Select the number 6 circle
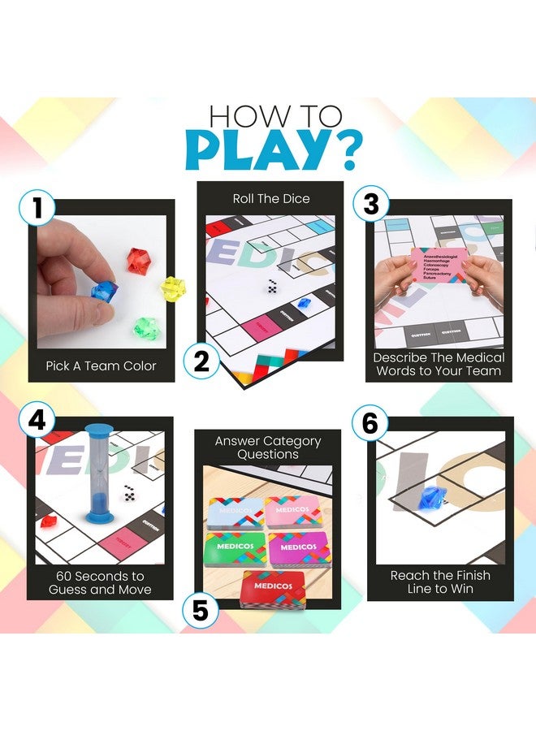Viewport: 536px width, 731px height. [x=370, y=422]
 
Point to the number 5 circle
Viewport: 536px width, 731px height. [x=200, y=609]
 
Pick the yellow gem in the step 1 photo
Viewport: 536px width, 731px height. [x=172, y=287]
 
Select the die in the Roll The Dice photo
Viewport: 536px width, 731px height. [x=271, y=287]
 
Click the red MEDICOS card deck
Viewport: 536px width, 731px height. [x=272, y=587]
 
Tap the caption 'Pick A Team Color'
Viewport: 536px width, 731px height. [x=102, y=365]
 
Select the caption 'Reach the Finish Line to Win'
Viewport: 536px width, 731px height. [x=440, y=582]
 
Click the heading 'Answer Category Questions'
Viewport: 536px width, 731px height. [x=268, y=448]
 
